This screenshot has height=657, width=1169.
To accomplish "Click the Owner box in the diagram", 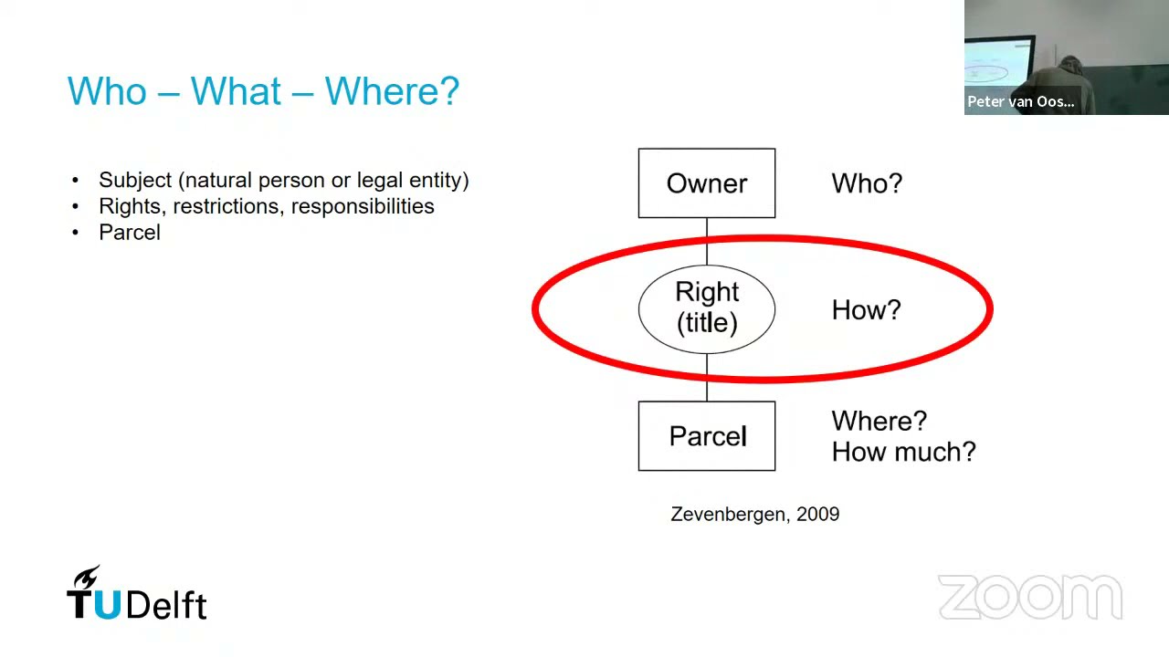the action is (707, 183).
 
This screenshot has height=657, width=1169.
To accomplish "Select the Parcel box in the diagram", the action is (707, 436).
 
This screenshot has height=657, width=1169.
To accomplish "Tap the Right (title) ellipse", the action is (707, 309).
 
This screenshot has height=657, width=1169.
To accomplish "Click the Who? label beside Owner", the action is (867, 183).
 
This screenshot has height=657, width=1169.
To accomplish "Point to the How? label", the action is (867, 309).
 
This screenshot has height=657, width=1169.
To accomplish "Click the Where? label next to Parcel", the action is (879, 421).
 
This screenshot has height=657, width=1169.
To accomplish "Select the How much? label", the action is (904, 452).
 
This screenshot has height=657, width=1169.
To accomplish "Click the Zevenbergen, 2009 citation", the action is (755, 514).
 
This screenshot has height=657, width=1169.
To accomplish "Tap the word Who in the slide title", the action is (107, 91).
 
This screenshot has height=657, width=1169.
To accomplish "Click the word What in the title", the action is (236, 91).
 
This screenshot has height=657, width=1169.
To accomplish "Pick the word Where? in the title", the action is (392, 91).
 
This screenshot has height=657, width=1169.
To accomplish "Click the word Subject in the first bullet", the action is (135, 181).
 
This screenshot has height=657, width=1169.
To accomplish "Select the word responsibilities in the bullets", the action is (363, 206).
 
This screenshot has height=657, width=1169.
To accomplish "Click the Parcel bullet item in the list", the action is (130, 233).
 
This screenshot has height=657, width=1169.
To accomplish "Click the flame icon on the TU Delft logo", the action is (87, 577).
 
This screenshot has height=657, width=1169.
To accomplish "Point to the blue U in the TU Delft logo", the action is (108, 605).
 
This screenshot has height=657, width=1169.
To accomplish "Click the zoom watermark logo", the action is (1030, 597).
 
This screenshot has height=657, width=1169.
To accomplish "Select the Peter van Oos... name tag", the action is (1021, 101).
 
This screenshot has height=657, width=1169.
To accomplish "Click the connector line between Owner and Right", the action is (707, 242).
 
